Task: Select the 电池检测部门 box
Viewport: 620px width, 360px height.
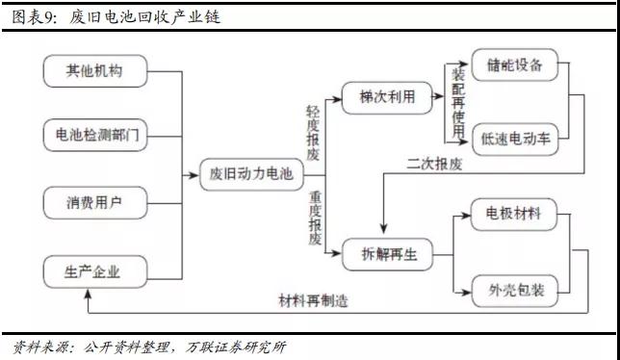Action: (x=94, y=135)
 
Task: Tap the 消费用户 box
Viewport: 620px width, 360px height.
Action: (x=94, y=202)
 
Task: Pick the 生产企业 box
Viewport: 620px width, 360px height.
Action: (x=94, y=270)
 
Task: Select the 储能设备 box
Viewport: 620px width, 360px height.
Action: (x=516, y=66)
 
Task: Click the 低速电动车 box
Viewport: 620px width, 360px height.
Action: (x=516, y=139)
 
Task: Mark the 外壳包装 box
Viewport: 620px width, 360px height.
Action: (x=516, y=288)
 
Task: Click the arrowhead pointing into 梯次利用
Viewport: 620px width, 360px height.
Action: (x=339, y=98)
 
